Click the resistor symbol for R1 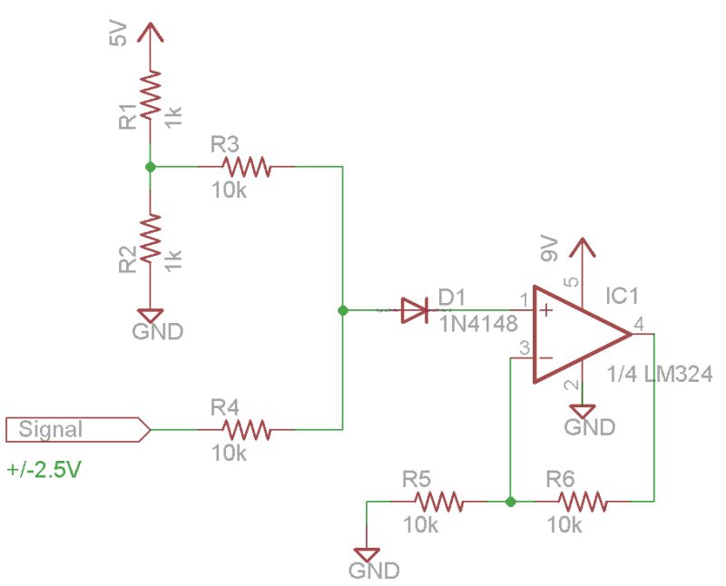click(151, 101)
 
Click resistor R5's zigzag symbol click(438, 501)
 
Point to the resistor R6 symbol click(582, 501)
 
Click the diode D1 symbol click(415, 311)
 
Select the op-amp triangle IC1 click(577, 335)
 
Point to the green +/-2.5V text click(45, 471)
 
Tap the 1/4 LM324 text click(661, 373)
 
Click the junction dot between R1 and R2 click(151, 167)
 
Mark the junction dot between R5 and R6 click(511, 501)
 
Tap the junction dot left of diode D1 click(342, 311)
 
